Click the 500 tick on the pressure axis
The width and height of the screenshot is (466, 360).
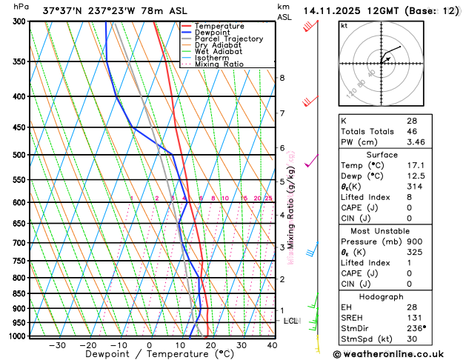point(17,155)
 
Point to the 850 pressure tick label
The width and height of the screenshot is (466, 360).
point(17,293)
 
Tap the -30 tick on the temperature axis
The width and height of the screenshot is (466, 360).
point(57,345)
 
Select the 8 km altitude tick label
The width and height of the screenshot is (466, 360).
point(282,78)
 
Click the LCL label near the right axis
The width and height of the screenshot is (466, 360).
point(290,321)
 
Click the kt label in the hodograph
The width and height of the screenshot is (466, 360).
point(344,26)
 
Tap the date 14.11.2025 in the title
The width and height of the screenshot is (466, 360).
point(333,10)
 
